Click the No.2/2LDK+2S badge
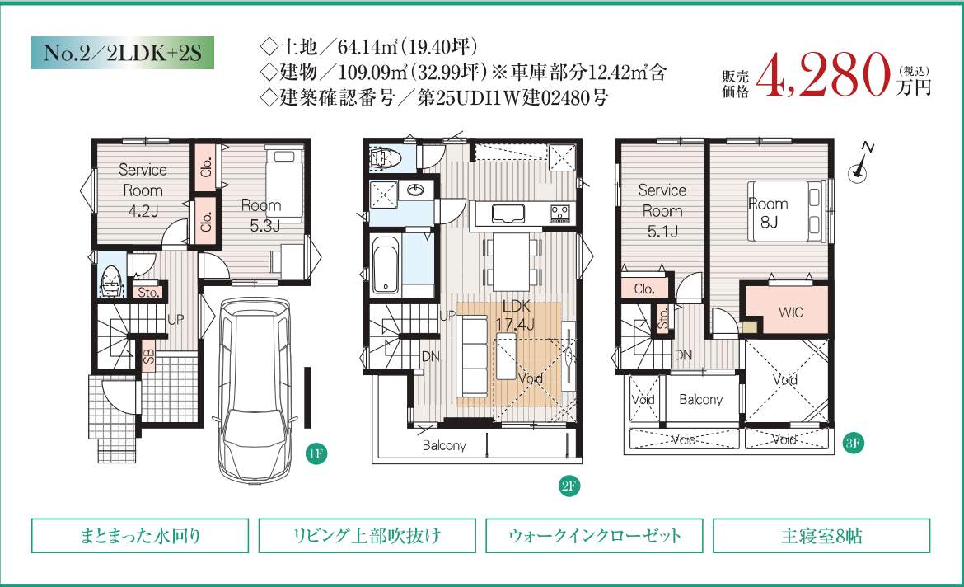tap(122, 52)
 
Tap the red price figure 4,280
tap(823, 74)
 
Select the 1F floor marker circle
tap(316, 454)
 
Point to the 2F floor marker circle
tap(569, 486)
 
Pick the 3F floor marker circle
tap(853, 443)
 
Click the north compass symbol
tap(860, 164)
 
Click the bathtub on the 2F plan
tap(386, 265)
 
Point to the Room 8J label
tap(768, 212)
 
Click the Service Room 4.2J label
tap(143, 190)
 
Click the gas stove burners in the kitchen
tap(559, 213)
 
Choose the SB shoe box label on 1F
tap(148, 355)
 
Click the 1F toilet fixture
tap(111, 281)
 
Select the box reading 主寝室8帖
tap(821, 536)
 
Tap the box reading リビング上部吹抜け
tap(367, 536)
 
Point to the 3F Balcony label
tap(700, 399)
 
